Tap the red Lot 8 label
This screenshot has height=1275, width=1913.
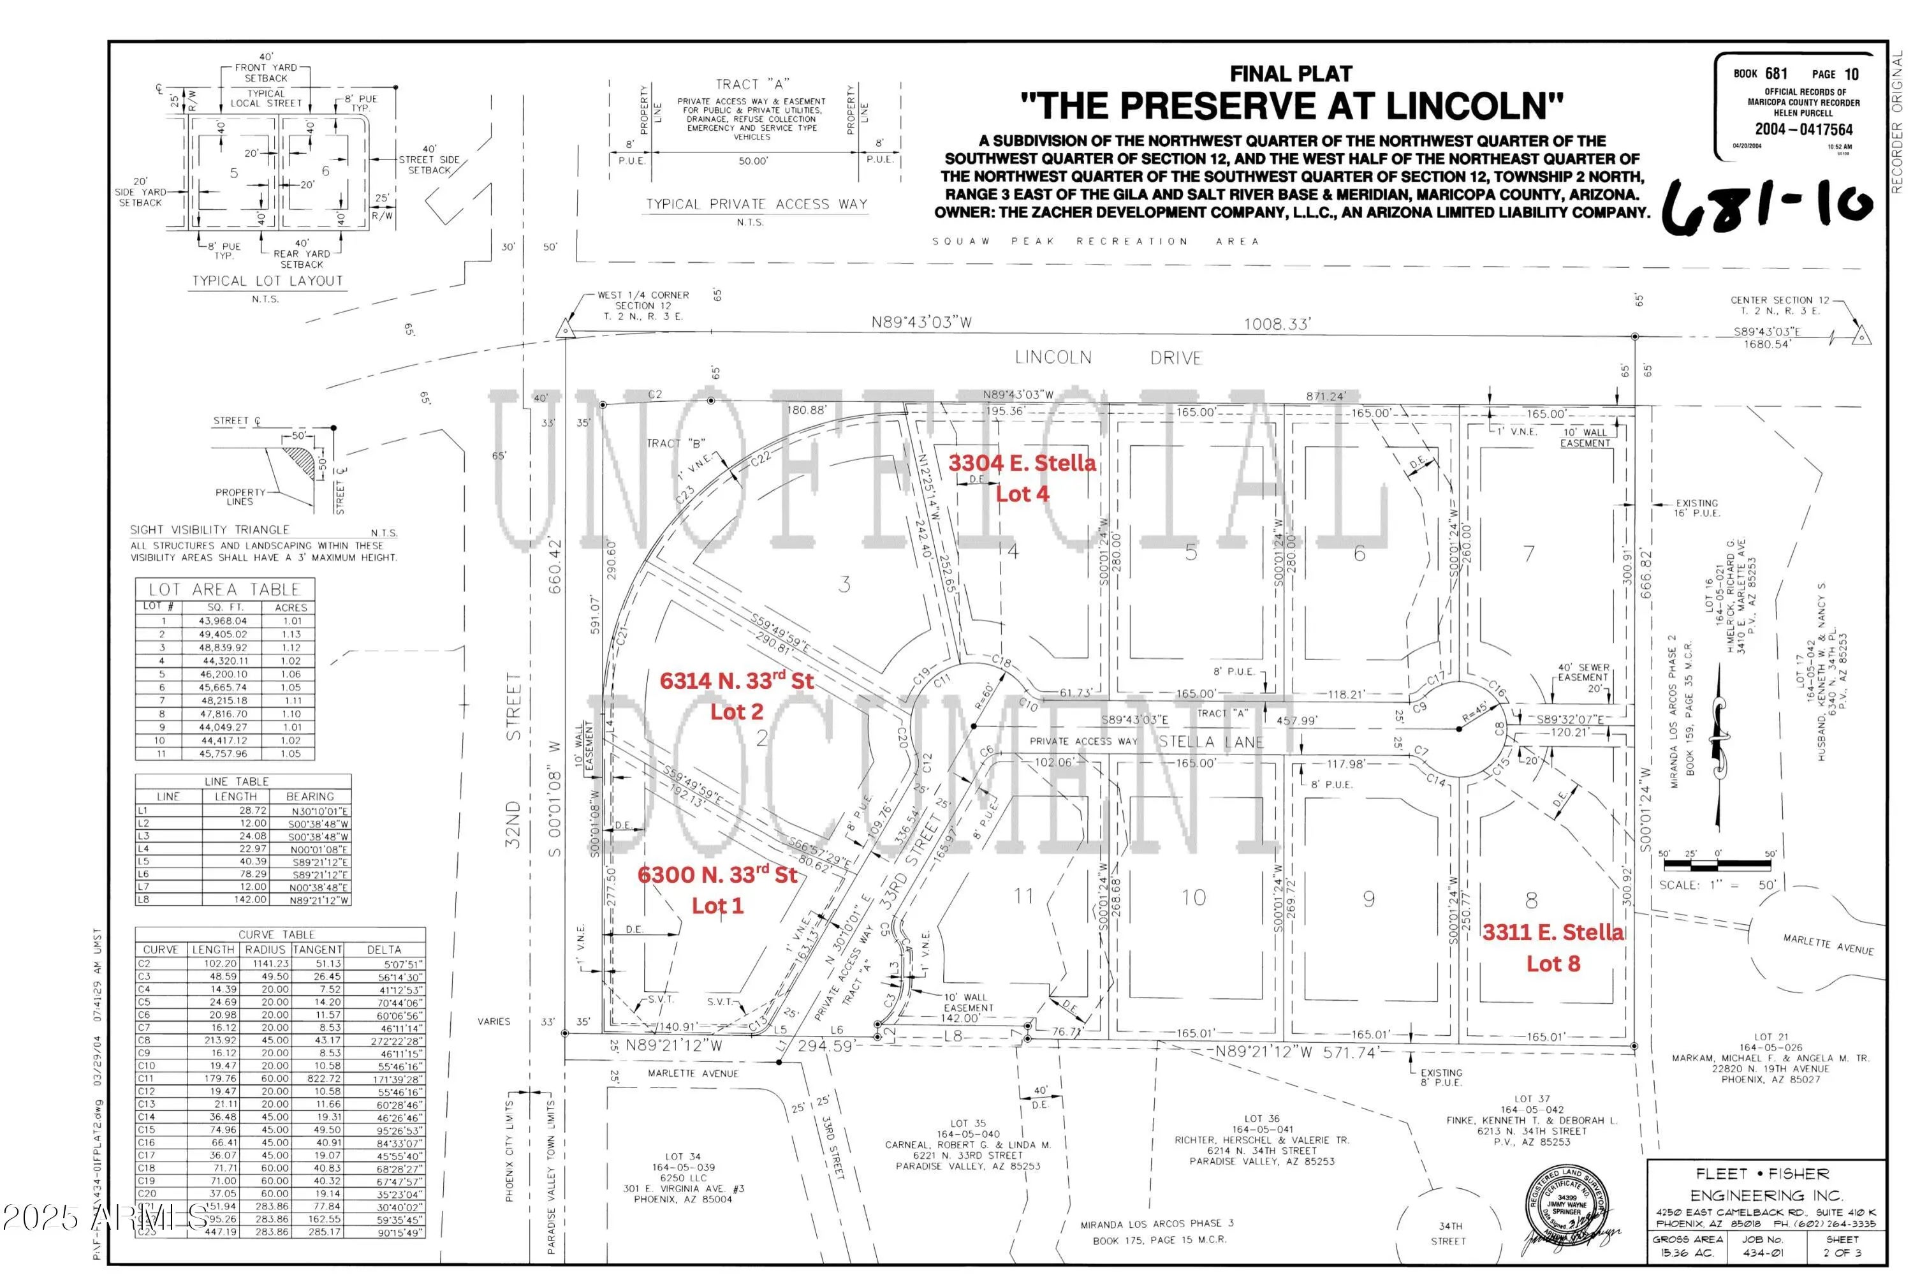coord(1552,964)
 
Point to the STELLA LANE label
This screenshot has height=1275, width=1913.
coord(1210,742)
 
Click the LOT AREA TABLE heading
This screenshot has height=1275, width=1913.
coord(224,589)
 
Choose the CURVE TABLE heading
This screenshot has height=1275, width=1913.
coord(276,935)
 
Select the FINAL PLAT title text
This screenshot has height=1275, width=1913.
coord(1290,74)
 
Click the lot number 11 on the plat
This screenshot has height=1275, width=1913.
coord(1023,896)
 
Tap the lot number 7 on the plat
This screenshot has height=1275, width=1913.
coord(1528,554)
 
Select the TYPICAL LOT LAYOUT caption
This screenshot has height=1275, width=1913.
coord(267,281)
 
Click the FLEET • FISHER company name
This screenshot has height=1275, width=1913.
coord(1762,1174)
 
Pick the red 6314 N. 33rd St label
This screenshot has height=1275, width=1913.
coord(736,681)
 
